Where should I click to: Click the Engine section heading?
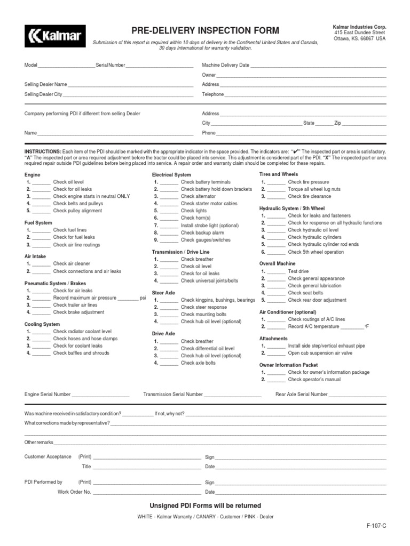[32, 174]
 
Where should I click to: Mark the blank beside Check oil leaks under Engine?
[41, 189]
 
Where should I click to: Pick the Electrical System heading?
[171, 174]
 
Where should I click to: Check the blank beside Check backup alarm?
[169, 233]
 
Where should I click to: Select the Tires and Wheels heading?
[278, 174]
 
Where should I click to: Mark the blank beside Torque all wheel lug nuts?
[276, 189]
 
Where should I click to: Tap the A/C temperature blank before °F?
[351, 326]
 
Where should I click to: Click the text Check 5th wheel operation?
[316, 252]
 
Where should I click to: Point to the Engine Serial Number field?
[100, 395]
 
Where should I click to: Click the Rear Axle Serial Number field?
[357, 395]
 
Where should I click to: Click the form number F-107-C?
[376, 526]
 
